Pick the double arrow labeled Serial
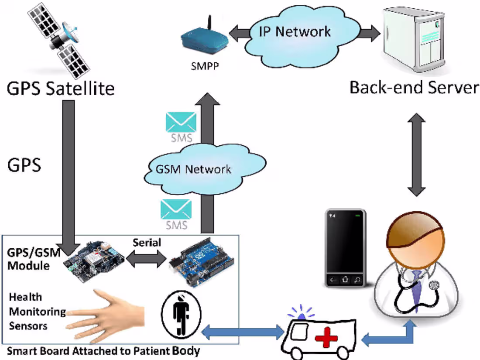coord(147,260)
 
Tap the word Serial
coord(147,243)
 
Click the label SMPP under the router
coord(203,66)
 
